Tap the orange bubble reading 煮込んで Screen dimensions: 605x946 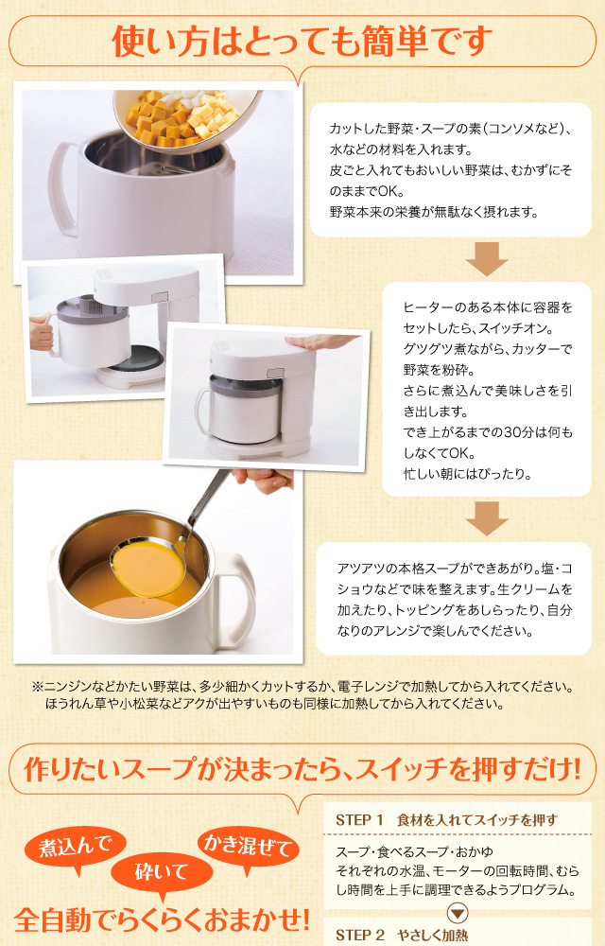tap(76, 847)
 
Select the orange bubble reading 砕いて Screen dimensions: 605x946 tap(162, 873)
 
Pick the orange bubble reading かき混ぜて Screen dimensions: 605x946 tap(249, 846)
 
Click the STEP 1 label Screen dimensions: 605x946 tap(359, 820)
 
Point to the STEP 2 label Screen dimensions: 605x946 tap(360, 935)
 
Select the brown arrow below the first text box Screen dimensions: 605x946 tap(487, 259)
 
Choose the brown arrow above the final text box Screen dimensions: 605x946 tap(487, 518)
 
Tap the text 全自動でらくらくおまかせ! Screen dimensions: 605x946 tap(162, 920)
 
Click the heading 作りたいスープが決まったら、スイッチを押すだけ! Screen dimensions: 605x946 tap(302, 769)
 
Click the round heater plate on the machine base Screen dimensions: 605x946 tap(136, 359)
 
